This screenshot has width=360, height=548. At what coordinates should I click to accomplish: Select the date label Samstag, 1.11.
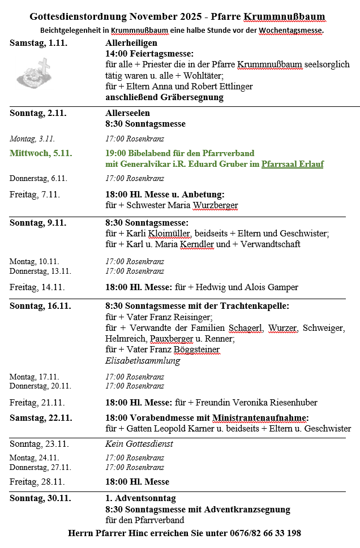pos(38,43)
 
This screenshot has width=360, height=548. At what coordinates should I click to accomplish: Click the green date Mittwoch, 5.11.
pos(41,153)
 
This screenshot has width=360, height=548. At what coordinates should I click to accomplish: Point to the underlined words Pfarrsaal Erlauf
pos(292,164)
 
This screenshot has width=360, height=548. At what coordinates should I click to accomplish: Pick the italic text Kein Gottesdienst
pos(139,444)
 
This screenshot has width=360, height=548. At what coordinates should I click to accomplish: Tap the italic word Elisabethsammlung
pos(143,361)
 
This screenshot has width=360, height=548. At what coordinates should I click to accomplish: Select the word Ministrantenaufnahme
pos(260,418)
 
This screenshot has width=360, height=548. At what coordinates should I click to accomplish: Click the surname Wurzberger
pos(216,205)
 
